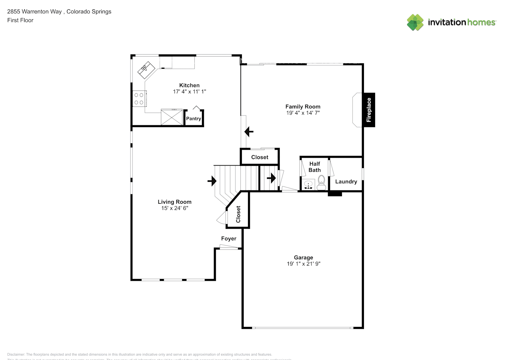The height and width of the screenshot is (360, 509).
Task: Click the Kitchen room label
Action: coord(189,85)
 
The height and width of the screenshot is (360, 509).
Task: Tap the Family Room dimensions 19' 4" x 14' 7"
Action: coord(303,113)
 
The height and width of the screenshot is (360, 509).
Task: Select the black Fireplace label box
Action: coord(369,110)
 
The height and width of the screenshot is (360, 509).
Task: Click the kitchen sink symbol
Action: coord(146,69)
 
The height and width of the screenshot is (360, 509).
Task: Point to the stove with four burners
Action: coord(139,99)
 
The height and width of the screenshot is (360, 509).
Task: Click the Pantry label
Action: coord(194,118)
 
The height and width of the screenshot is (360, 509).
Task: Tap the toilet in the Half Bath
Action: coord(321,183)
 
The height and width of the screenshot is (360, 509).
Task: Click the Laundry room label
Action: coord(346,181)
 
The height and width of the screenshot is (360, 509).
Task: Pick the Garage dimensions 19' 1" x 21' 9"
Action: coord(303,264)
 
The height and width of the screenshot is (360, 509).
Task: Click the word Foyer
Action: coord(229,238)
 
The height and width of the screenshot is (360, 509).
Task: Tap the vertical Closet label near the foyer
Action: coord(238,214)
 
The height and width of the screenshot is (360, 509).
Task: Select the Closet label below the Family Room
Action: coord(260,157)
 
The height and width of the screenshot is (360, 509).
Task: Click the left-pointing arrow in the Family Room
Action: coord(249,132)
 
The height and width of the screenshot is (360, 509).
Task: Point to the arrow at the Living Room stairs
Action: coord(212,181)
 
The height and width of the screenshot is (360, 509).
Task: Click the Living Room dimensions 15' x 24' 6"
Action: coord(175,208)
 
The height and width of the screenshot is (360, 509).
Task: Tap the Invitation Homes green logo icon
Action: coord(415,22)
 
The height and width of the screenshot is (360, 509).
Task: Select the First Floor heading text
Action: coord(20,20)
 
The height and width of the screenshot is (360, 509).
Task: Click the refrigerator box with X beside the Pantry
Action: coord(172,117)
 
